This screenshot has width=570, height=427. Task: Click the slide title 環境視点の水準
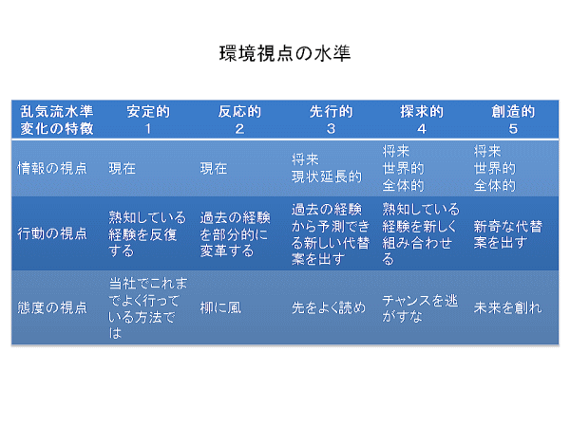coord(285,54)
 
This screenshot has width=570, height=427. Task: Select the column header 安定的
coord(148,111)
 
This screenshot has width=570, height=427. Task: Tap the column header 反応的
coord(239,111)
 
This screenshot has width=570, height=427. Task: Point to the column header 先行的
coord(331,111)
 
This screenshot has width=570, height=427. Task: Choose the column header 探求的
coord(422,111)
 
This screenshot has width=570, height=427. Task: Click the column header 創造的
coord(513,111)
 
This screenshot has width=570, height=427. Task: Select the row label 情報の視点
coord(52,169)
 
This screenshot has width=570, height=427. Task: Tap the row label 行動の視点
coord(52,233)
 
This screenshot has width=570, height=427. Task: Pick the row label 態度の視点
coord(52,307)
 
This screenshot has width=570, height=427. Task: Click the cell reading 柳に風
coord(220,307)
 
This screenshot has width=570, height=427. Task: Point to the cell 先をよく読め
coord(329,307)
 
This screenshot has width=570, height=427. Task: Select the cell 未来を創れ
coord(508,307)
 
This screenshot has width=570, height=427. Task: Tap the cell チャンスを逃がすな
coord(420,308)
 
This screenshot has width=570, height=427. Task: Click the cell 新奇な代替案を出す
coord(508,234)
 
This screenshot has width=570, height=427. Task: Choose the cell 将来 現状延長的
coord(327,168)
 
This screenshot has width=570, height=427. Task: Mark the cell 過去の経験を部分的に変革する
coord(235,234)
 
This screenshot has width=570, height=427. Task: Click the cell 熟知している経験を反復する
coord(147,234)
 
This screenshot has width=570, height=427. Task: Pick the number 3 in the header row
coord(331,129)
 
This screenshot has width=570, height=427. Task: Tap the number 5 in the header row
coord(513,129)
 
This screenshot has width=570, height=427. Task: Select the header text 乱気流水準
coord(57,111)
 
